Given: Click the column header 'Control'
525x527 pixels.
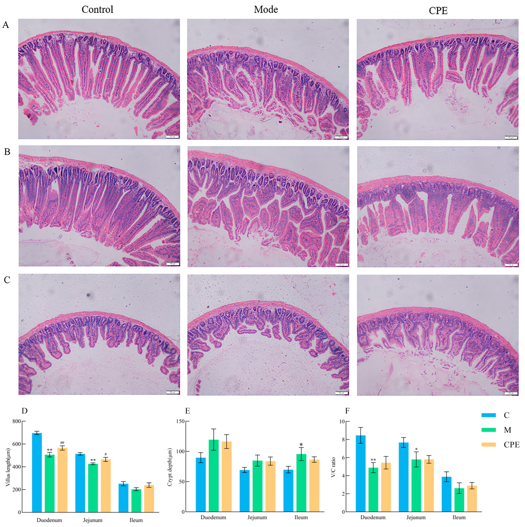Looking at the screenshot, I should [x=97, y=10].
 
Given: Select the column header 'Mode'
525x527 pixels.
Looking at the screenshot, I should [x=266, y=10].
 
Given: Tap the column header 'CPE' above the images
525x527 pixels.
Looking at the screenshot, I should [x=438, y=11].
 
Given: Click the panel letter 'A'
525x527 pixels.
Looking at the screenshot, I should [x=6, y=25].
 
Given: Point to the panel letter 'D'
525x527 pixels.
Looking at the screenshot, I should [x=24, y=411].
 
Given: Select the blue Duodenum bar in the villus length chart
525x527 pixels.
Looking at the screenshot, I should [x=37, y=472].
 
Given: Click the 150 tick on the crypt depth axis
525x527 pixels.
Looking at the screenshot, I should [x=180, y=422].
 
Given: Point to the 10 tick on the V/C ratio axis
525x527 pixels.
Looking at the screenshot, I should [x=342, y=422].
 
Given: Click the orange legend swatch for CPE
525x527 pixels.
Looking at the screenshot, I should [x=489, y=445].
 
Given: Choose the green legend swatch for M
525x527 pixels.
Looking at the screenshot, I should [x=489, y=430].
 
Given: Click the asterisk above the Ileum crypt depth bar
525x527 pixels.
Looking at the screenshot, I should [x=301, y=445].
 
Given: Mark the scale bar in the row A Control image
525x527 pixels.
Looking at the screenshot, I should [x=172, y=136].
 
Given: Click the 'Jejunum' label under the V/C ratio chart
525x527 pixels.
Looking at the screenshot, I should [x=416, y=517].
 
